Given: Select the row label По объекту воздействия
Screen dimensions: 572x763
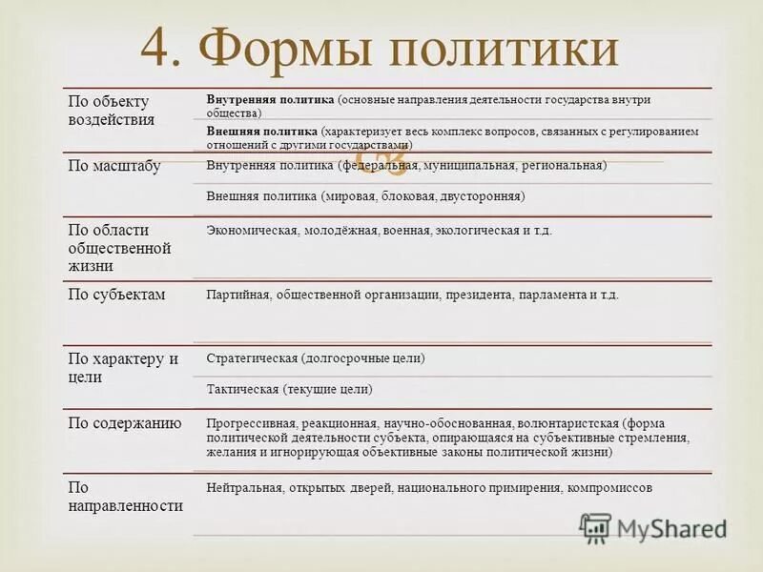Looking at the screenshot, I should click(x=111, y=111).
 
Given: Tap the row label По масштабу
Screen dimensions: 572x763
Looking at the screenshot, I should click(x=113, y=166).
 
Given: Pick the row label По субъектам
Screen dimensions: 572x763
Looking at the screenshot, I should click(x=116, y=295).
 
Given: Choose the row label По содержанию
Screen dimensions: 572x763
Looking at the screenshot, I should click(x=124, y=423).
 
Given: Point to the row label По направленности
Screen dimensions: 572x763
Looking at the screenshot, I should click(x=125, y=497).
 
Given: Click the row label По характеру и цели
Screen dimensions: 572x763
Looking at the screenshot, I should click(x=123, y=368).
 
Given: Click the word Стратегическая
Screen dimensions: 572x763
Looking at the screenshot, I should click(x=251, y=358).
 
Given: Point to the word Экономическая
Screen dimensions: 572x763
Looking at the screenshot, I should click(x=251, y=230).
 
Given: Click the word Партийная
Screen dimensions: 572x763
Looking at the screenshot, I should click(x=237, y=295).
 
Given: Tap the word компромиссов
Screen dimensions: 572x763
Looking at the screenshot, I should click(x=609, y=487).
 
